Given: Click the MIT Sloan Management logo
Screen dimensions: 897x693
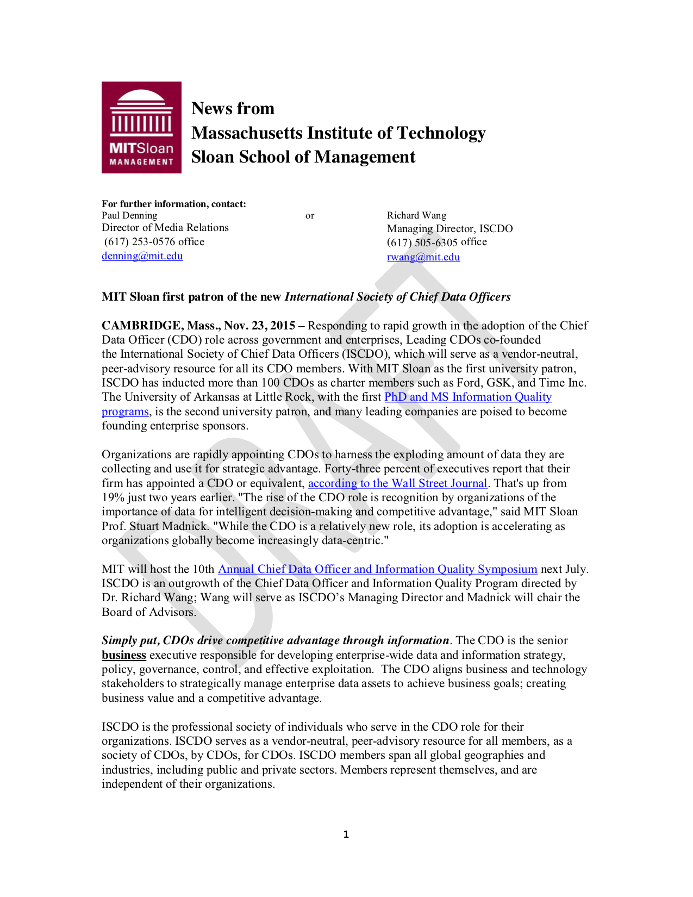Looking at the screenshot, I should click(x=141, y=127).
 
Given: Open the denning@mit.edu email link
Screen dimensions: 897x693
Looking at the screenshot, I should click(x=142, y=256).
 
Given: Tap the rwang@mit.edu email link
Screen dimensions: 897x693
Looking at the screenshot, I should click(x=423, y=257).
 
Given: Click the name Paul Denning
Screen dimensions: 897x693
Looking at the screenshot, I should click(x=129, y=215).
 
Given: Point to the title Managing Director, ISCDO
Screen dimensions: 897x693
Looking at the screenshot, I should click(x=449, y=228).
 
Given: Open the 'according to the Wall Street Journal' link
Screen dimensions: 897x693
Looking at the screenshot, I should click(x=397, y=483).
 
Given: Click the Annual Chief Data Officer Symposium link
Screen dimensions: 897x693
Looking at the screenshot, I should click(x=377, y=569).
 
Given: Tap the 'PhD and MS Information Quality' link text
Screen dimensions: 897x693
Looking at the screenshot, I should click(x=467, y=397).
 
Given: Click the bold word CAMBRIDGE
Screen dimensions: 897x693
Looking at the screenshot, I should click(x=142, y=326).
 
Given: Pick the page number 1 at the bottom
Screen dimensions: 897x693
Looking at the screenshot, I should click(x=346, y=834).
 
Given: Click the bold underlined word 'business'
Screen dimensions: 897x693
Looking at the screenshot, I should click(x=124, y=655).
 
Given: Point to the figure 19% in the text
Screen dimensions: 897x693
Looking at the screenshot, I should click(x=113, y=497).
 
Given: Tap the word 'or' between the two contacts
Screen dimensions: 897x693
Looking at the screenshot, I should click(x=310, y=216).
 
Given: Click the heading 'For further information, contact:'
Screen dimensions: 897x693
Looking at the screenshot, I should click(x=173, y=204).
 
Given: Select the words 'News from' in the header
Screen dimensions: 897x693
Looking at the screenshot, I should click(x=233, y=109).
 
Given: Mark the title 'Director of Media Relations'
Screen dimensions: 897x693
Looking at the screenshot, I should click(x=165, y=228).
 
